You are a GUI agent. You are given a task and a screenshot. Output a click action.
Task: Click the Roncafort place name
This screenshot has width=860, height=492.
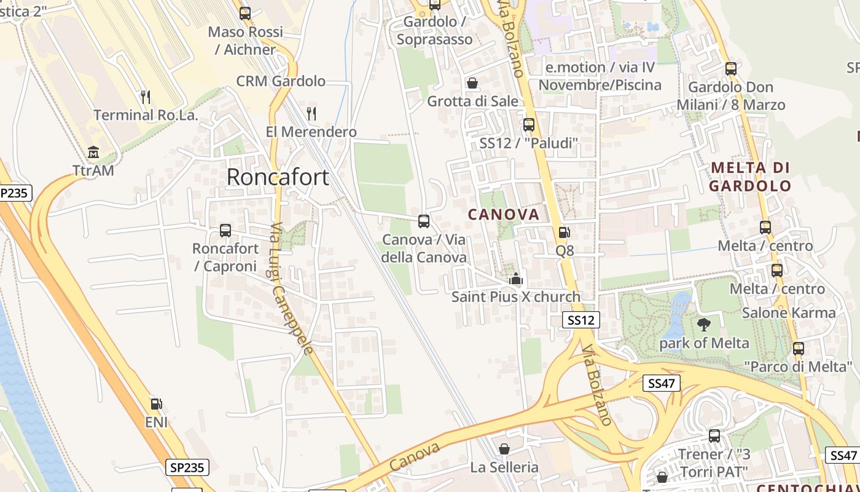278,177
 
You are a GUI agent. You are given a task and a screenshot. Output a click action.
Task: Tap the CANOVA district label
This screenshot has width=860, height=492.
504,215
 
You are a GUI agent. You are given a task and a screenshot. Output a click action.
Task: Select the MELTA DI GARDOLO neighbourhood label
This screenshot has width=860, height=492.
750,177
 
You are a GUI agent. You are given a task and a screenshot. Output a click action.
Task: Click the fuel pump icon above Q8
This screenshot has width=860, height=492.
564,232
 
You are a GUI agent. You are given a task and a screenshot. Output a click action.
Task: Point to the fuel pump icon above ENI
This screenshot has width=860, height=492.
157,404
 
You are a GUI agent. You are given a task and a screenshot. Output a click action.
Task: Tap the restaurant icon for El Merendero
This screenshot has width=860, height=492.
311,113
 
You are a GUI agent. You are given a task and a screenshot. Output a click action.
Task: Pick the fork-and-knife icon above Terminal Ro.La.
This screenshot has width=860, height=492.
145,97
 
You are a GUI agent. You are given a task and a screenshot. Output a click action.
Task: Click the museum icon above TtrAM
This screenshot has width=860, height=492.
93,152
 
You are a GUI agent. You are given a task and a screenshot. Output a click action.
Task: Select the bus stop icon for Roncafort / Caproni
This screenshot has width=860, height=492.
225,231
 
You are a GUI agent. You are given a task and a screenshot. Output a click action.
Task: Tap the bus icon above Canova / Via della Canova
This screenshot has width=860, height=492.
423,221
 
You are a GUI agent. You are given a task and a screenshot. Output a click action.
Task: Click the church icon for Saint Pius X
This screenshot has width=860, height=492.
516,279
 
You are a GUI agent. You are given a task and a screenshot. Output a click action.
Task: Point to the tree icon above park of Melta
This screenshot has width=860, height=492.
704,325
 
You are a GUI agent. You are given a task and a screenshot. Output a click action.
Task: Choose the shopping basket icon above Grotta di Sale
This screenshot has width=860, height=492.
472,82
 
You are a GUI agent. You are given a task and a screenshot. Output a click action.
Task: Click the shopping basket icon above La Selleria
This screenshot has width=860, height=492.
504,449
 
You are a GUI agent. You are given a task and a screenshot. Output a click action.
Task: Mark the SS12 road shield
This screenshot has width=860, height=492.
581,320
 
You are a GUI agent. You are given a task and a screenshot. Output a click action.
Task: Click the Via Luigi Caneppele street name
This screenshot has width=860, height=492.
292,288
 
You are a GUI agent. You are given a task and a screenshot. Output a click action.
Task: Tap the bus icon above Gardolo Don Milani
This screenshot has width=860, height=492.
730,68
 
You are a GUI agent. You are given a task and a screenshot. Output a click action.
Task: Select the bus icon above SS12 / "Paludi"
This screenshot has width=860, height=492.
529,125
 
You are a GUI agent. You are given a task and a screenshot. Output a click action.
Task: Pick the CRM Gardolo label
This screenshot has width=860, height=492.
281,81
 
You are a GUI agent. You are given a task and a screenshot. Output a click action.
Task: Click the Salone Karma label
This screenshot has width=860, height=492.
789,313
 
